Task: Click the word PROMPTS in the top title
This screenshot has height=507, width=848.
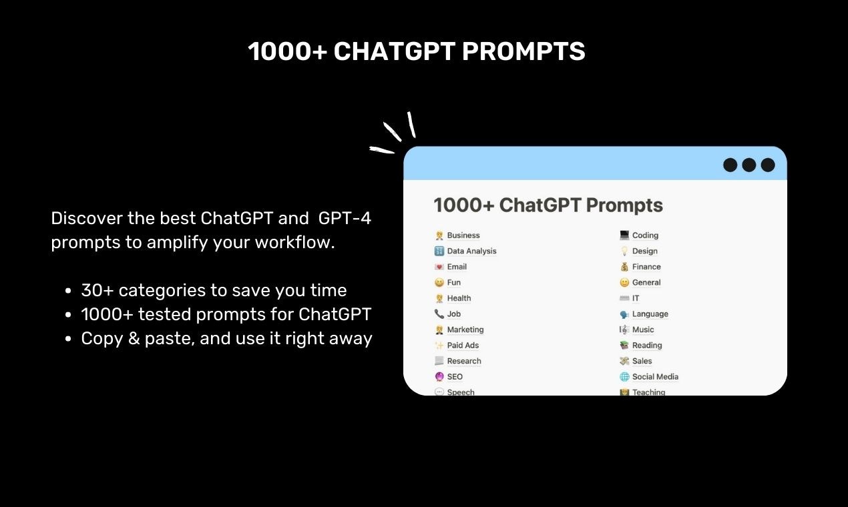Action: coord(523,51)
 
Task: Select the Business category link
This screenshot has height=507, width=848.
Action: coord(463,235)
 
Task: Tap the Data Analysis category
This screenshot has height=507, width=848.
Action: coord(471,251)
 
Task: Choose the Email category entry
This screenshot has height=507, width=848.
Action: coord(457,267)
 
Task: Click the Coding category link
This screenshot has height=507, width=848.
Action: coord(645,235)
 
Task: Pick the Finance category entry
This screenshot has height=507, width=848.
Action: coord(646,267)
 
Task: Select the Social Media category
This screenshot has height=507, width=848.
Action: coord(655,377)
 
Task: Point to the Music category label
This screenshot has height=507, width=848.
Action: coord(643,330)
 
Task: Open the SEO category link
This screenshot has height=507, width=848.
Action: coord(455,377)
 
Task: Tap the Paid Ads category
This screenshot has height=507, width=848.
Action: coord(463,346)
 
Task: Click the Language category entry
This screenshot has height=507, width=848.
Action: coord(650,314)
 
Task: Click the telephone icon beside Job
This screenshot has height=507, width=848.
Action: coord(439,314)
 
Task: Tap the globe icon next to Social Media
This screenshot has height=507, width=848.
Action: coord(624,377)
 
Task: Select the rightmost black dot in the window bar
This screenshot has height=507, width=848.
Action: coord(768,165)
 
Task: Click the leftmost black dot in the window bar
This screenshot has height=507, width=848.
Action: coord(730,165)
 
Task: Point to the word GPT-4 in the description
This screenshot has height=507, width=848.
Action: coord(345,218)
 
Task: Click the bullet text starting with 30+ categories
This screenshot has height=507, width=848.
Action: coord(214,290)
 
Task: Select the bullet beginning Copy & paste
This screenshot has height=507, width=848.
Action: coord(226,338)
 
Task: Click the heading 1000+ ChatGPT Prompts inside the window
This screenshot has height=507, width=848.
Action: coord(548,205)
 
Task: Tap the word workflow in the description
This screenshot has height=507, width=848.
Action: coord(300,242)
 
